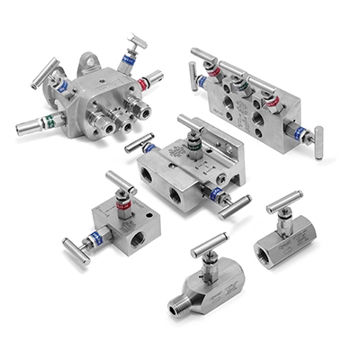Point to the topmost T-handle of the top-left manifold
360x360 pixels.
click(x=138, y=41)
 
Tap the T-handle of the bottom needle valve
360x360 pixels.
click(x=208, y=242)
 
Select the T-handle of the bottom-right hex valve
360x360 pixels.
click(x=283, y=202)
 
